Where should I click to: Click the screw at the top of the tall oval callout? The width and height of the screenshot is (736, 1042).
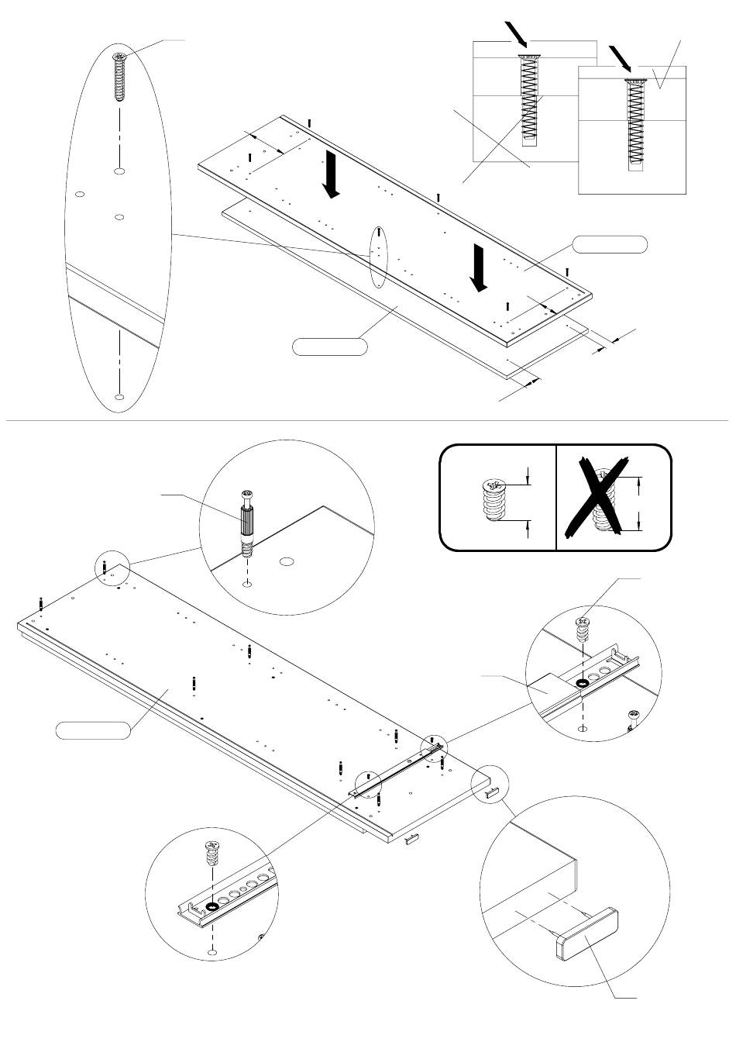click(119, 76)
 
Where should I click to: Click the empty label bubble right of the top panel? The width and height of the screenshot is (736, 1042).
click(610, 244)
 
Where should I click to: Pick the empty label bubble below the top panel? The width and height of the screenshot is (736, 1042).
click(329, 346)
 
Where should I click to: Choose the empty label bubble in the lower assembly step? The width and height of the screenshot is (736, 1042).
click(93, 730)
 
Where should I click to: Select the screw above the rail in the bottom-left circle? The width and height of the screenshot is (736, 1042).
click(211, 857)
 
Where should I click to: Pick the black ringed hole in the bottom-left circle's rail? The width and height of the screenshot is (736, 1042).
click(212, 907)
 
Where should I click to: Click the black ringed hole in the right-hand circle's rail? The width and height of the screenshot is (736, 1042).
click(581, 683)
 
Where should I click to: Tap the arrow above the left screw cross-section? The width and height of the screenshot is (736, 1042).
click(514, 34)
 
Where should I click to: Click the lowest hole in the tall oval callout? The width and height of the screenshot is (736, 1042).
click(119, 397)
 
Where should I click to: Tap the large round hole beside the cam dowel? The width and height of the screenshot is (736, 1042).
click(287, 560)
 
